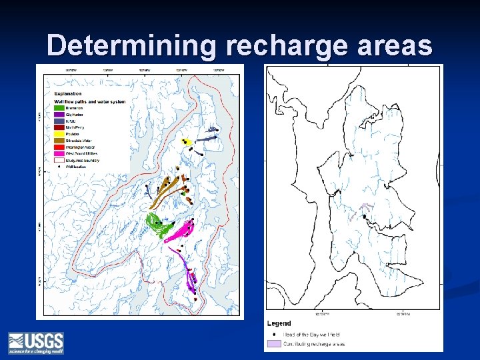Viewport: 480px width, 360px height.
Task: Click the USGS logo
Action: [x=36, y=343]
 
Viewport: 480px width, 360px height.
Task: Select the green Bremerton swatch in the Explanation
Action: [x=59, y=108]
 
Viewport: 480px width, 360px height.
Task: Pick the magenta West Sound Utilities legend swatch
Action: [x=59, y=154]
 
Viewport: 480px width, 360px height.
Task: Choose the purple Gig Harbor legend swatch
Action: [x=59, y=114]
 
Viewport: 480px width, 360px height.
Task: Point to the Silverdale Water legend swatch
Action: [x=59, y=141]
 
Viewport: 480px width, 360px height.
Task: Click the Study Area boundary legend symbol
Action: [x=59, y=160]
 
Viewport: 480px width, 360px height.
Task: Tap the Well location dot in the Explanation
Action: [x=59, y=167]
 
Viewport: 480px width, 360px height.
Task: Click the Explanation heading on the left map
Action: [x=68, y=95]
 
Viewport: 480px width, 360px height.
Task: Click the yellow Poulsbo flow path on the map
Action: [x=187, y=142]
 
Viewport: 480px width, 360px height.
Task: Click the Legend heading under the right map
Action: [x=279, y=323]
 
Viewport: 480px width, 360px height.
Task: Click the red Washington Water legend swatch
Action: [x=59, y=147]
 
